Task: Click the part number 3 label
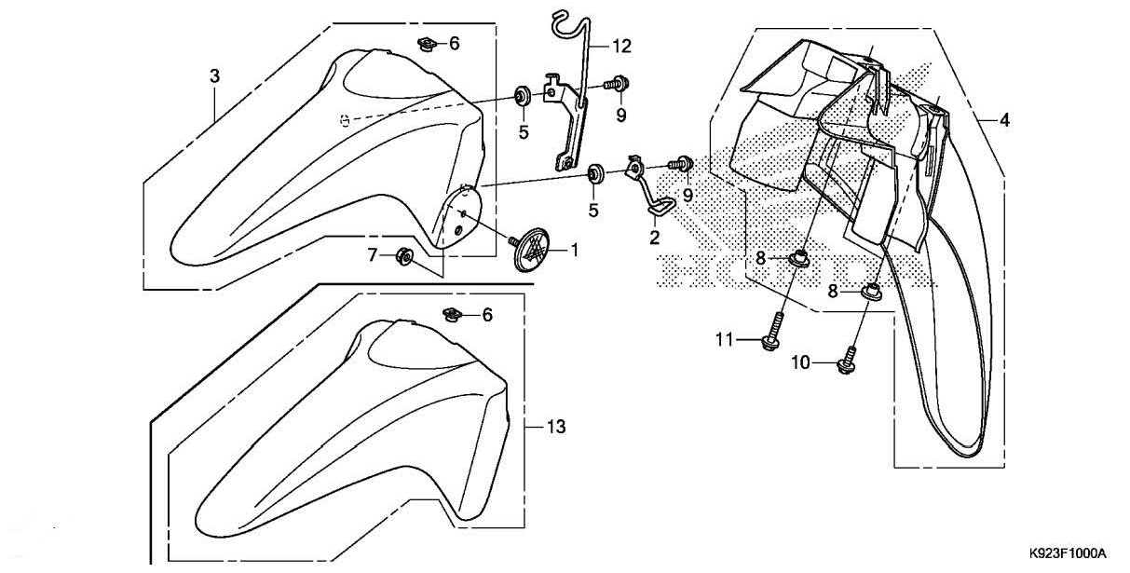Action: pos(214,75)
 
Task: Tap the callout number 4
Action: pos(1005,119)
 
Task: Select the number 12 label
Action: pos(621,45)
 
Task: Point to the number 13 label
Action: pos(555,428)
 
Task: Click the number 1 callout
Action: pos(575,250)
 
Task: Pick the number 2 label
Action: pos(654,238)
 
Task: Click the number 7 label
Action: pos(372,254)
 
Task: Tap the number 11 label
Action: pos(725,341)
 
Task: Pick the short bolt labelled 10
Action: pos(849,361)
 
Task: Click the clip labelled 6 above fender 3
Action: pos(427,45)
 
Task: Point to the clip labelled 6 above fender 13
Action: pos(453,315)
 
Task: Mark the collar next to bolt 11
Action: pos(798,258)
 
